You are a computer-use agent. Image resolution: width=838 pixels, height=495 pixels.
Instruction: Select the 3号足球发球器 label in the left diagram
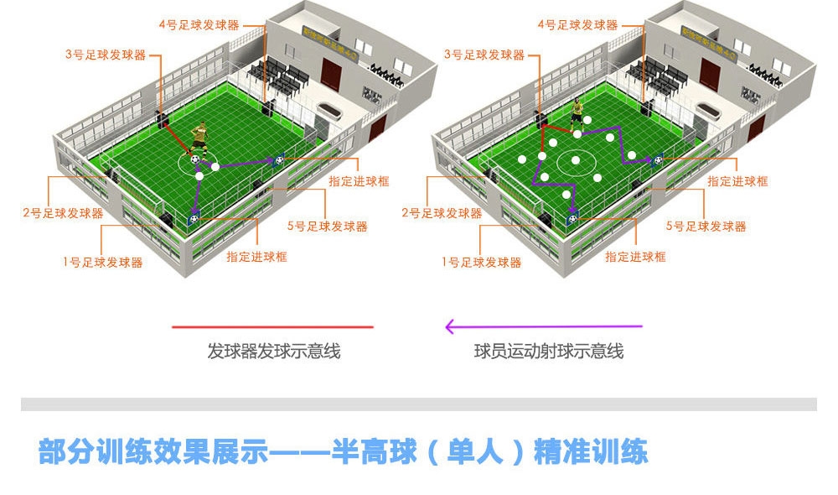point(105,55)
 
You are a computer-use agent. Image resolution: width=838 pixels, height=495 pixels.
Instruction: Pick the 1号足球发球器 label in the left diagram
point(102,263)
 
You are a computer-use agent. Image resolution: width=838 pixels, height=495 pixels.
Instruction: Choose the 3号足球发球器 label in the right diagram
point(484,55)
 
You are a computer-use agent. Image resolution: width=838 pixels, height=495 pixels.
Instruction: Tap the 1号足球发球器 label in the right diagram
point(481,263)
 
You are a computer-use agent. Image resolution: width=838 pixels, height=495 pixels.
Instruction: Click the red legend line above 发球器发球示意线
point(272,326)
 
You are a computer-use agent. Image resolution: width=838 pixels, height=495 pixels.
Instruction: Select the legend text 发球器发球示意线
point(273,352)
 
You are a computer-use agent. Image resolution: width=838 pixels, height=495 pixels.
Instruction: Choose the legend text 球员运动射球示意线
point(549,352)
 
